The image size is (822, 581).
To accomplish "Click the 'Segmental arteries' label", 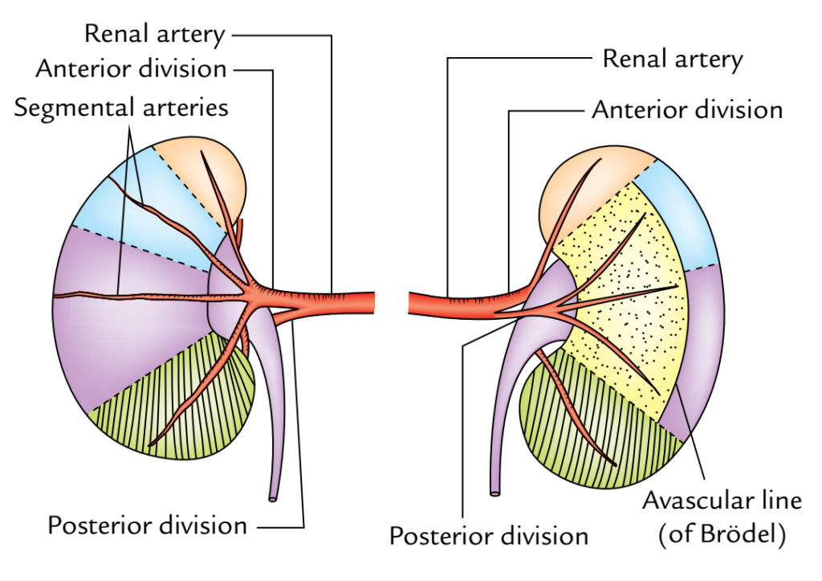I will click(121, 107).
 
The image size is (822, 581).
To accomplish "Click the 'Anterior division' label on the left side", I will click(131, 68).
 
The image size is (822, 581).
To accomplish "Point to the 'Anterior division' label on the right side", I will click(687, 109).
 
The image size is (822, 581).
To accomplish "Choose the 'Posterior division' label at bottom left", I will click(148, 526).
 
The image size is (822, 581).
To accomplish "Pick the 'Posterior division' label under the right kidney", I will click(489, 534).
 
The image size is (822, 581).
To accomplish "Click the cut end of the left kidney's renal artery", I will click(374, 302).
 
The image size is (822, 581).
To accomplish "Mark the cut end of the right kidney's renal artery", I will click(411, 304).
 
